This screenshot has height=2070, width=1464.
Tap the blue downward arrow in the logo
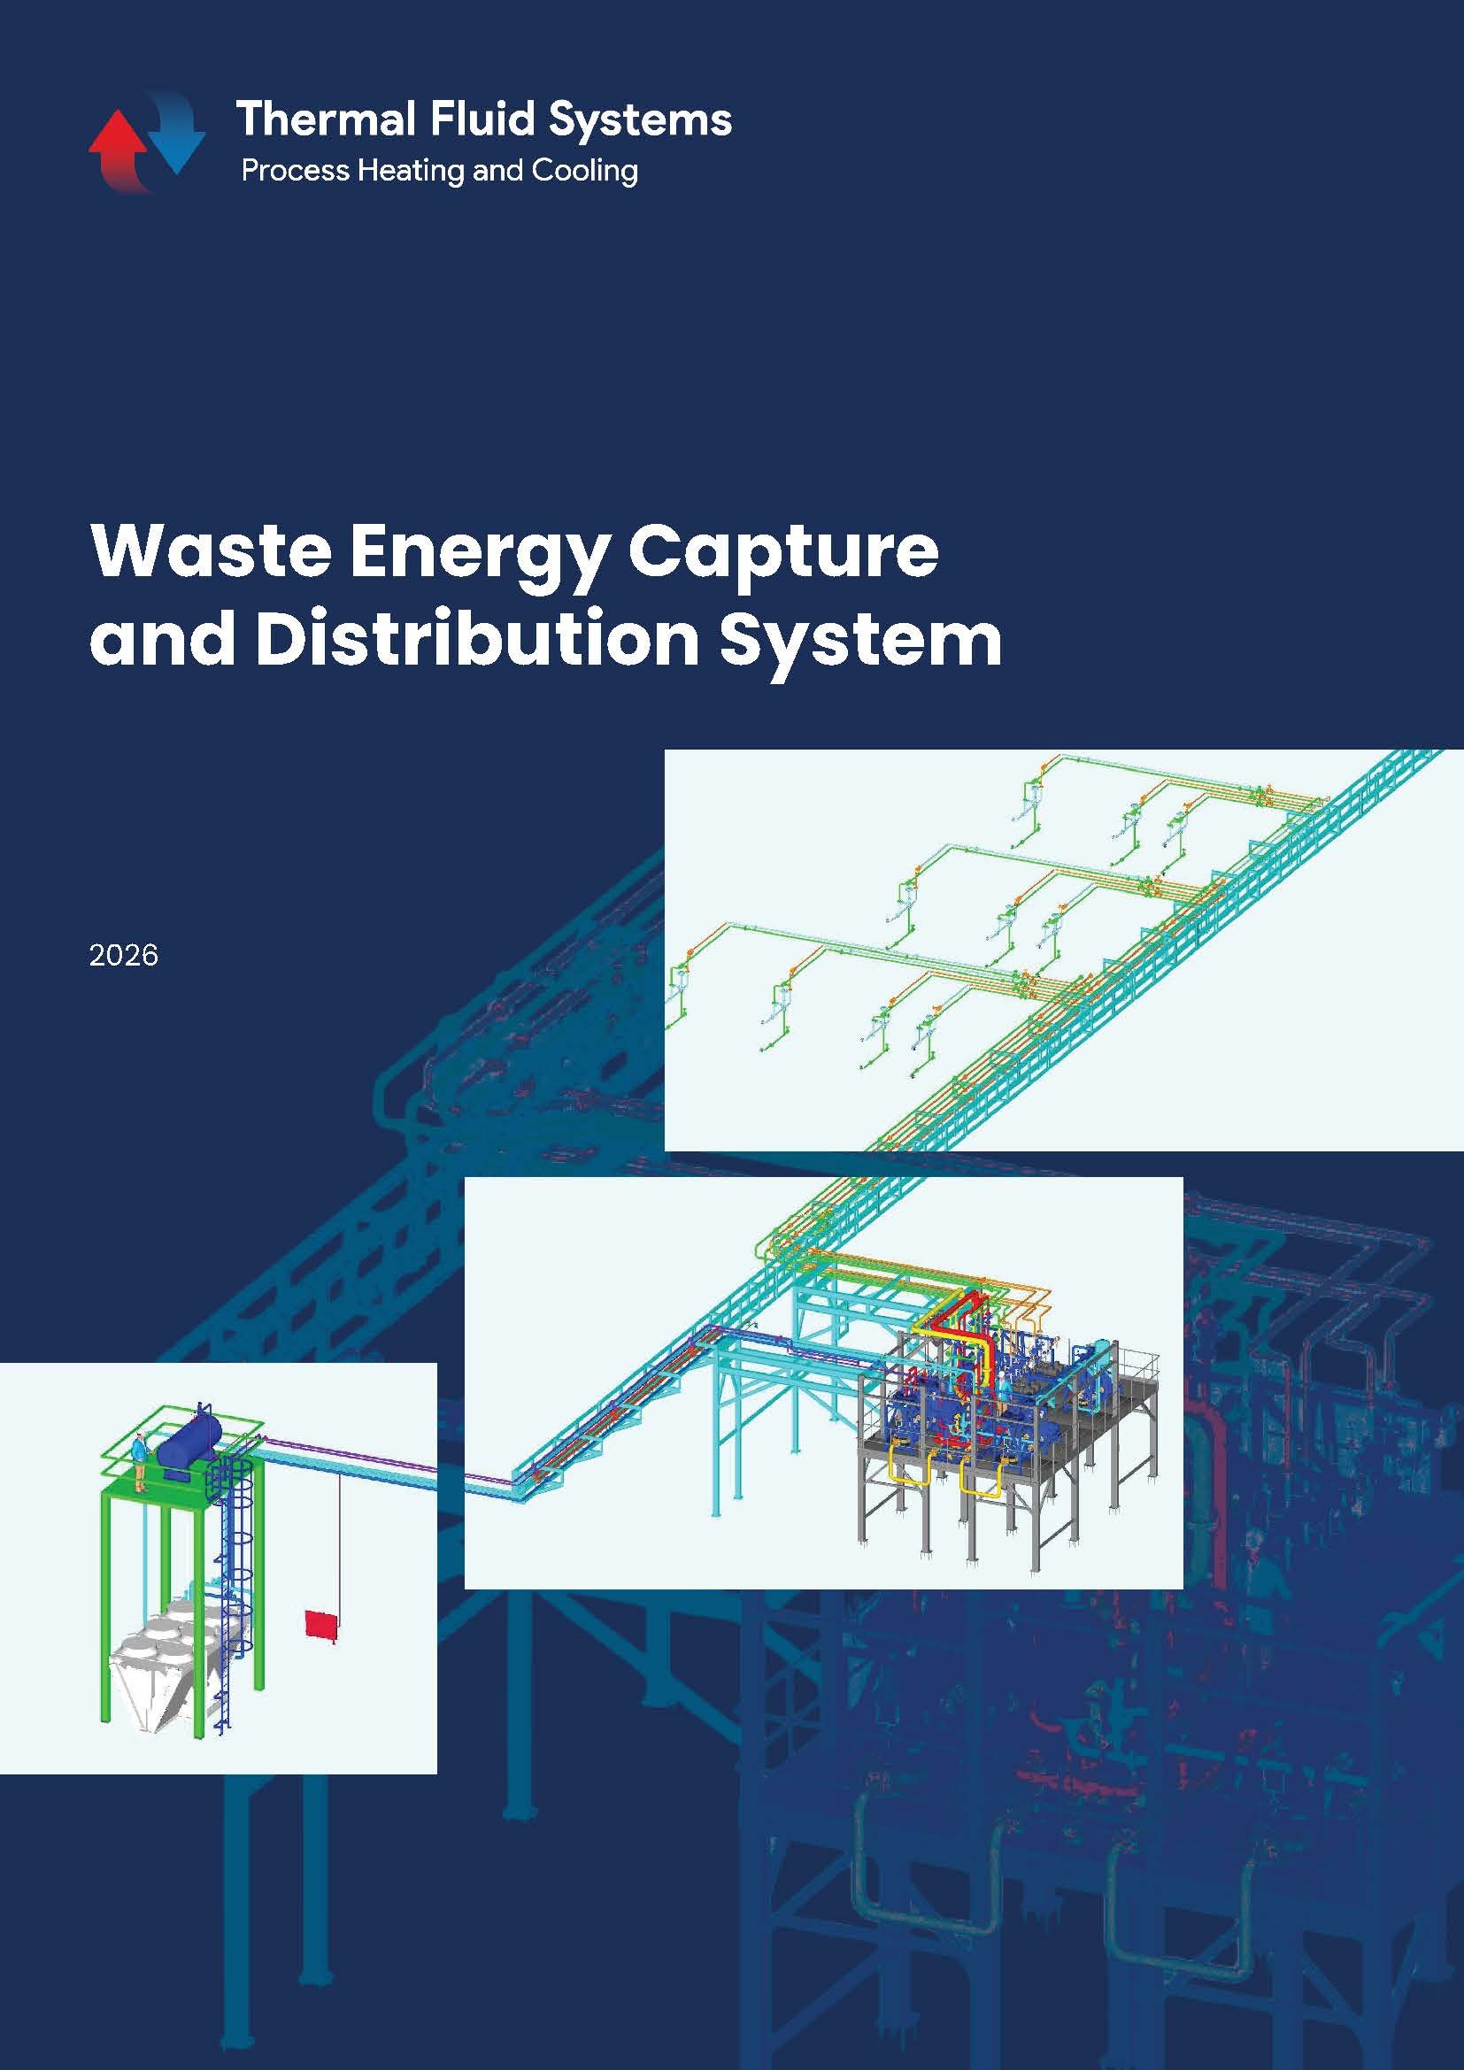[x=177, y=131]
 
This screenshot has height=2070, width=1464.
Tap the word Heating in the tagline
[x=411, y=172]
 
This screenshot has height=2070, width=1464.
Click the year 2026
[x=124, y=955]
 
